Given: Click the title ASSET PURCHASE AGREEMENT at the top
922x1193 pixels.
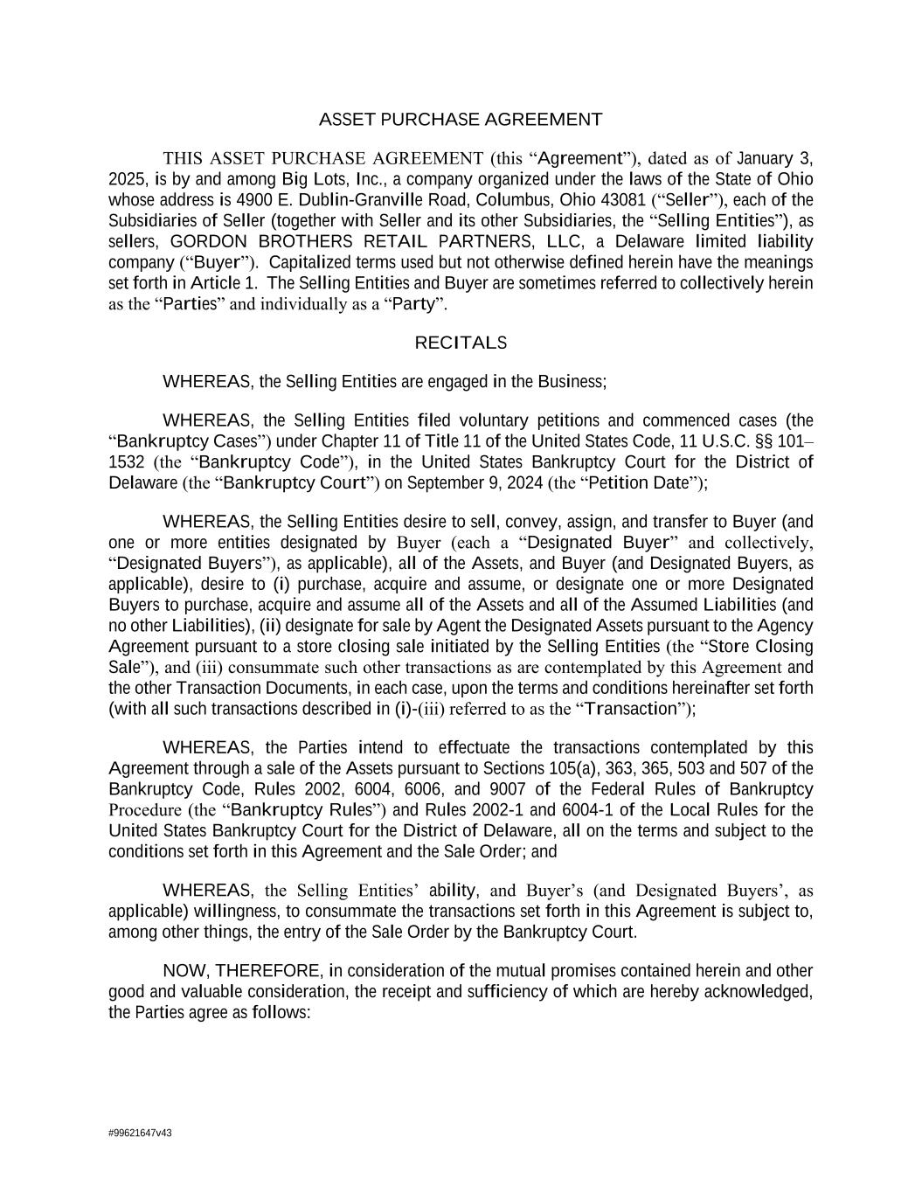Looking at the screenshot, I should pos(461,120).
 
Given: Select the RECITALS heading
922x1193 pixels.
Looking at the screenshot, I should pos(461,343).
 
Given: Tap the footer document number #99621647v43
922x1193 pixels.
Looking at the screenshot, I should pos(140,1133).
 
